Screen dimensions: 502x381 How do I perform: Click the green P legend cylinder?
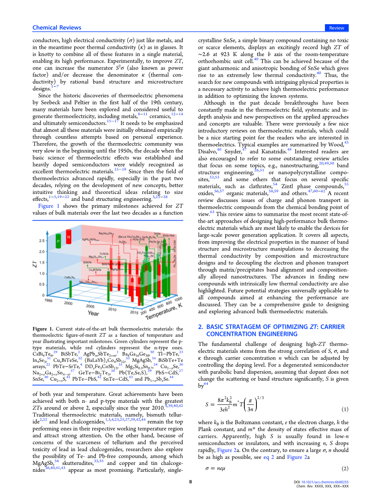(58, 241)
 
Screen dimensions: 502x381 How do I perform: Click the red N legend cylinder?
(69, 237)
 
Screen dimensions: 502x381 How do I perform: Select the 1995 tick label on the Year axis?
(48, 300)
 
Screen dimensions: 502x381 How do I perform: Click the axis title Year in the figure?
(93, 313)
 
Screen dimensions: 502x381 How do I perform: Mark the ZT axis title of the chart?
(35, 264)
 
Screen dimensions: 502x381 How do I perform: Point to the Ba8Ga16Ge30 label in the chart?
(106, 233)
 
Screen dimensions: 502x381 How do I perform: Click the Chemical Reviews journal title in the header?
(57, 28)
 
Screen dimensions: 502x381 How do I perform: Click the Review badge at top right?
(337, 28)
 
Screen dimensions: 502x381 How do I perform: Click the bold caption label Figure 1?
(43, 329)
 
